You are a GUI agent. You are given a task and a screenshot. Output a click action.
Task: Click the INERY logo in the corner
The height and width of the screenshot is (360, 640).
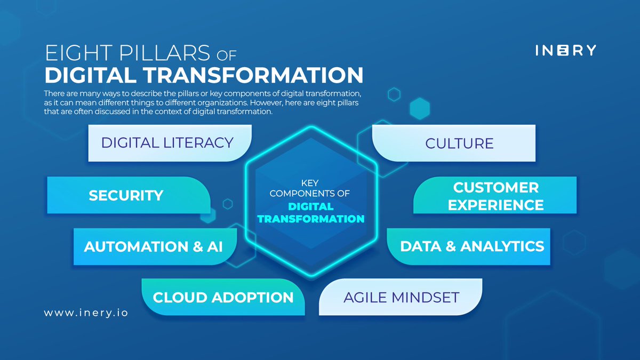coord(565,50)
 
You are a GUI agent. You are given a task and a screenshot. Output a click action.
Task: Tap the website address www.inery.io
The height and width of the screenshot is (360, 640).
coord(86,313)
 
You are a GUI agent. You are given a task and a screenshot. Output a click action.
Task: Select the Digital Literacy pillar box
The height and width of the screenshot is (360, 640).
coord(167,143)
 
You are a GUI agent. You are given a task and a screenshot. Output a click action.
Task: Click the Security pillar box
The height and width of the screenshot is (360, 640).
coord(126,195)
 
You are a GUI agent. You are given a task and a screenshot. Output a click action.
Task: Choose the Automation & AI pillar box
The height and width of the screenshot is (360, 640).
coord(154,246)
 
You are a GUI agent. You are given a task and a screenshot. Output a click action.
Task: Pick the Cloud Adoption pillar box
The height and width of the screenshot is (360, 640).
coord(223,297)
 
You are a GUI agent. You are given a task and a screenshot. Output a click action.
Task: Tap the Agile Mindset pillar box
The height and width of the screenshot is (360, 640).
coord(401,297)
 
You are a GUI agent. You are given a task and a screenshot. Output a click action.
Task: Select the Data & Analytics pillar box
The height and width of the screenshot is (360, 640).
coord(471,246)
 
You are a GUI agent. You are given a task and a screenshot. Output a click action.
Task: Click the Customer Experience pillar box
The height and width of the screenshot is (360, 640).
coord(495,196)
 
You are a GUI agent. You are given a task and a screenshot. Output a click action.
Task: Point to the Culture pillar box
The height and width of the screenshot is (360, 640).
coord(459,143)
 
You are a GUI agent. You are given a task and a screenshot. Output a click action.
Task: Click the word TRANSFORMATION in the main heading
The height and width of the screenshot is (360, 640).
coord(265,75)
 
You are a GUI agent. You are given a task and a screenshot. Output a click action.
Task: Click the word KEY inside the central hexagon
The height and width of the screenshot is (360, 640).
coord(310,183)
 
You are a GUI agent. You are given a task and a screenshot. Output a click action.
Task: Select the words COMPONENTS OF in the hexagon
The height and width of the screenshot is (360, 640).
coord(310,194)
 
